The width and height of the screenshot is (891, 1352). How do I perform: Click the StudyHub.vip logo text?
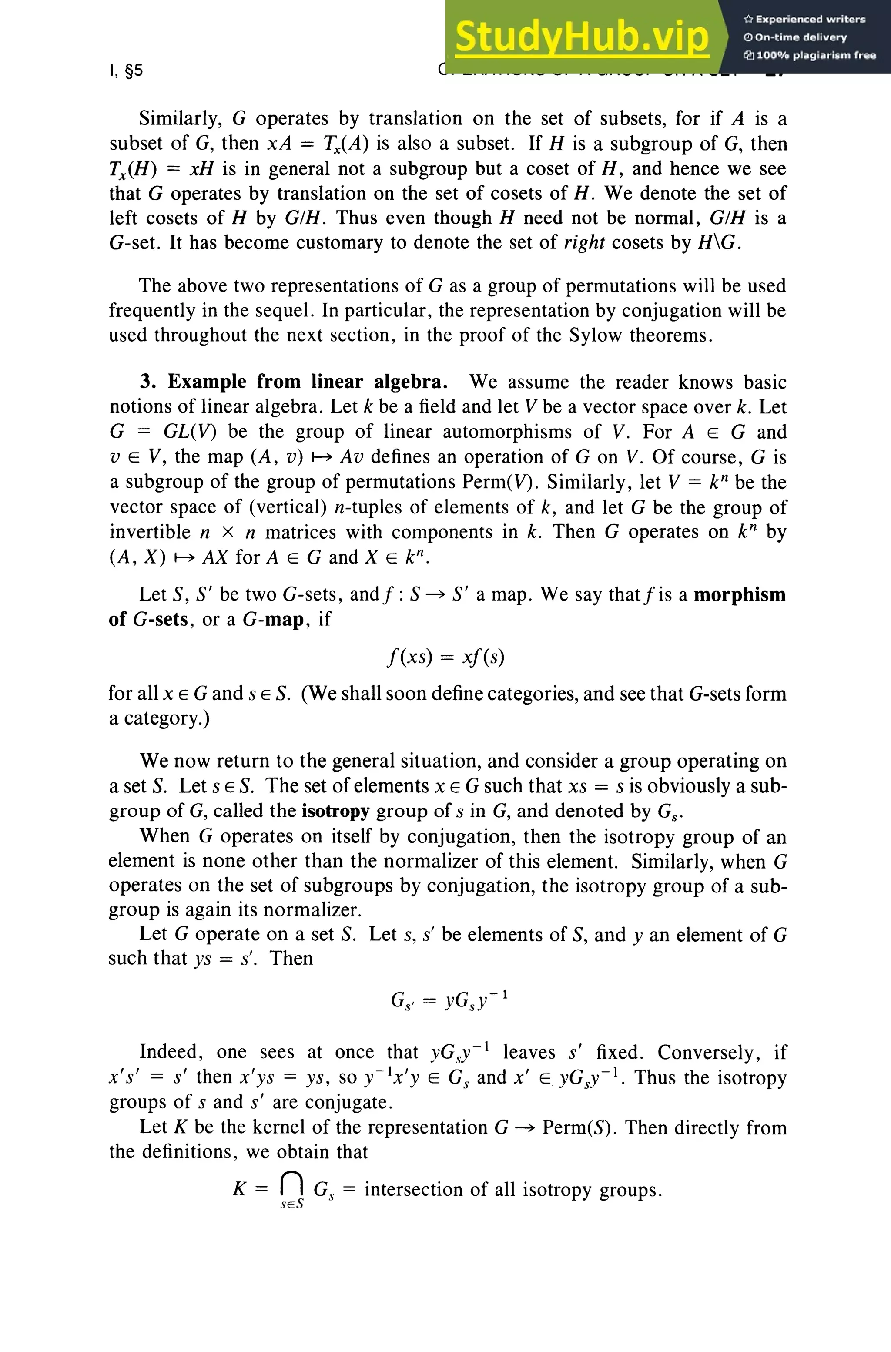pyautogui.click(x=581, y=37)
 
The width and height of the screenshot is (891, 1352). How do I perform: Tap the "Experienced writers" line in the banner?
pyautogui.click(x=804, y=19)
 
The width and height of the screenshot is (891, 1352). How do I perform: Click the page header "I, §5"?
pyautogui.click(x=126, y=70)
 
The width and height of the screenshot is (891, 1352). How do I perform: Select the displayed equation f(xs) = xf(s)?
pyautogui.click(x=445, y=657)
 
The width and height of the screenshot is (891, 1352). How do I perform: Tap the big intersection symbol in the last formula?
pyautogui.click(x=291, y=1184)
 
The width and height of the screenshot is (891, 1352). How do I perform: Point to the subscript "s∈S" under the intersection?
pyautogui.click(x=291, y=1204)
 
